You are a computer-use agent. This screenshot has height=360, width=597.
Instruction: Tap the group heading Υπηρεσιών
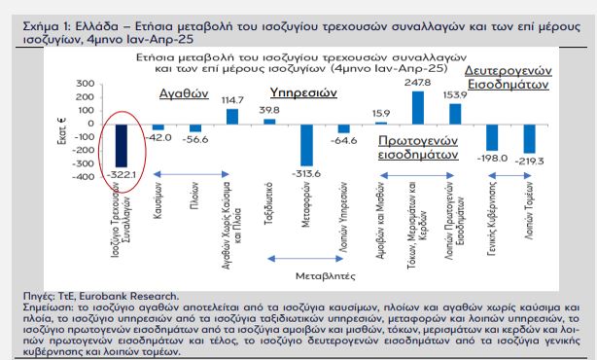pyautogui.click(x=302, y=93)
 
